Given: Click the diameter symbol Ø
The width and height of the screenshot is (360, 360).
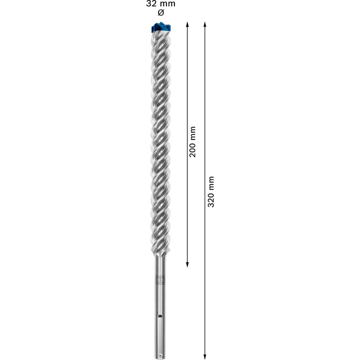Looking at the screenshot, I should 160,12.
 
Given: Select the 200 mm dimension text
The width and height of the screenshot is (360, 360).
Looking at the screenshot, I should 193,141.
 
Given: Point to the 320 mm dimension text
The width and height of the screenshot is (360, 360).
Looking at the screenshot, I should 211,191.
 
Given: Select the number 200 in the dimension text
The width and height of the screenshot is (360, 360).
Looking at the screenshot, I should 193,149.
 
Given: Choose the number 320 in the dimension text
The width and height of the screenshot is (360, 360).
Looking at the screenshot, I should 211,200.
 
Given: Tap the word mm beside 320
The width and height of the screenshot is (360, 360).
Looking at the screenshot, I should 211,182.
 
